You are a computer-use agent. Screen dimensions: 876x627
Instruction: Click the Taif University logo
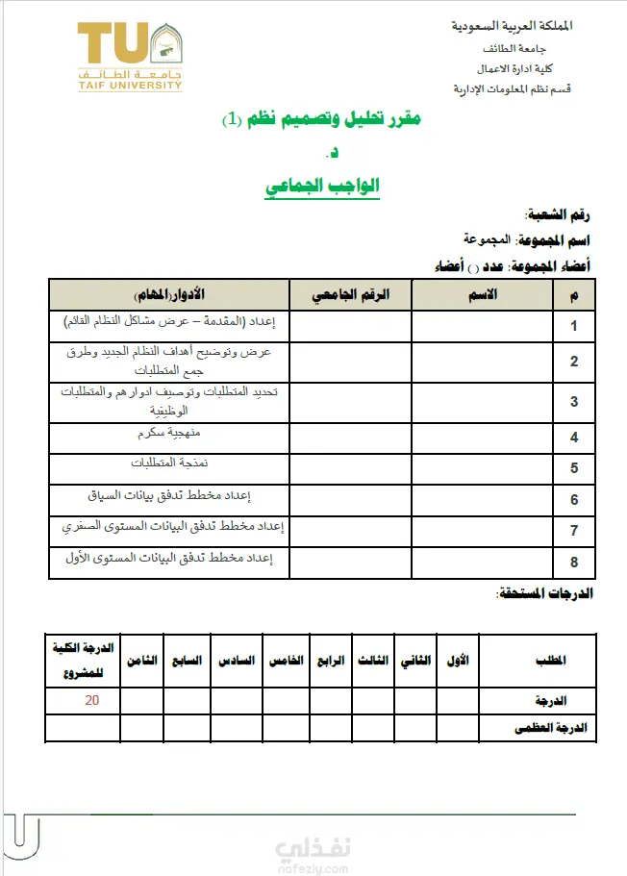(x=130, y=57)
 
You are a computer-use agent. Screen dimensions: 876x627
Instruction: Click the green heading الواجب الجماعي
(x=323, y=187)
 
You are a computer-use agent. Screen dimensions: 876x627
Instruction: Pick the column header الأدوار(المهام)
(x=169, y=294)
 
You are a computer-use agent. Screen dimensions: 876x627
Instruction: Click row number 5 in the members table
(x=574, y=469)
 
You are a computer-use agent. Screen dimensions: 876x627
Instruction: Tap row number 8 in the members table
(x=574, y=562)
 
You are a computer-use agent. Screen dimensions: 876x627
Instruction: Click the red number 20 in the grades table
(x=91, y=700)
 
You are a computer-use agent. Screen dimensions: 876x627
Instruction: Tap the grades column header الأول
(x=460, y=662)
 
